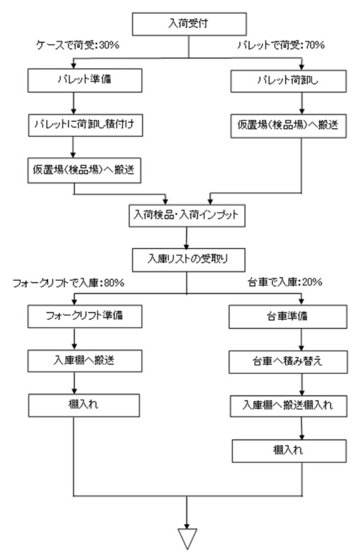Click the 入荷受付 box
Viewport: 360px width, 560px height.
[189, 24]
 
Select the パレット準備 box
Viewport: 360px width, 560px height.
[85, 80]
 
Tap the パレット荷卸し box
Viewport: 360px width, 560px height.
[288, 81]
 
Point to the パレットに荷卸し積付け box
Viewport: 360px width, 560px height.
[85, 125]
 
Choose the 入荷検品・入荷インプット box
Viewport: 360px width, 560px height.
[187, 215]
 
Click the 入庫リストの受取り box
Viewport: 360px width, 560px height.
[188, 260]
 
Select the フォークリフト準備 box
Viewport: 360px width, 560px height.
[85, 317]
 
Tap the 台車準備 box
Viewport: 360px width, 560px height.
[288, 317]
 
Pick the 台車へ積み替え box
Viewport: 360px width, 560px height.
[288, 362]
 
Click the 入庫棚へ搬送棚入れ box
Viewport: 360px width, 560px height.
[289, 406]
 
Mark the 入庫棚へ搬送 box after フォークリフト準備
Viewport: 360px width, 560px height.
[85, 360]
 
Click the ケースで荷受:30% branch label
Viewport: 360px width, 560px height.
[78, 45]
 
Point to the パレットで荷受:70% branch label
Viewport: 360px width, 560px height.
[281, 45]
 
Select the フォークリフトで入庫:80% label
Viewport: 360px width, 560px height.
[68, 283]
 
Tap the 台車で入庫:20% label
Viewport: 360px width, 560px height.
[285, 282]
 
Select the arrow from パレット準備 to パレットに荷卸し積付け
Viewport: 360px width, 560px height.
[73, 103]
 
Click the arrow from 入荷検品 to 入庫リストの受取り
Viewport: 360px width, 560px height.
[186, 238]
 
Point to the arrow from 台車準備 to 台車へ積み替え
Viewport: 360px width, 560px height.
[301, 340]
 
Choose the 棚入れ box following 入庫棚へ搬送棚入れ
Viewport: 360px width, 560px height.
[289, 451]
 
